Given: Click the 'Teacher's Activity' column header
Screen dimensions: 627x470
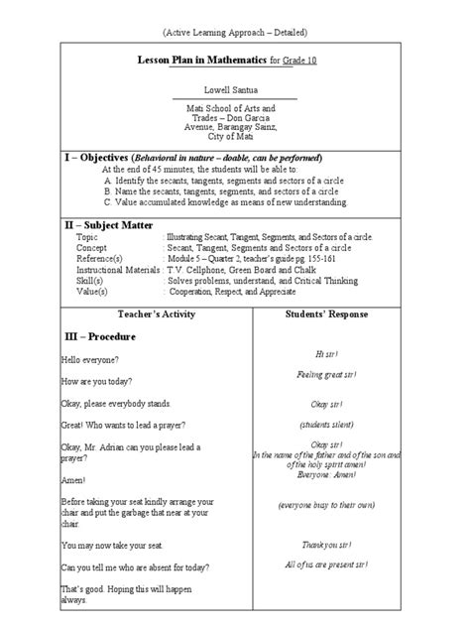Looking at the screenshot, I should click(x=157, y=313).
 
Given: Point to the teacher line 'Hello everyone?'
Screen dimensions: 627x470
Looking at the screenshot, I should click(x=90, y=358).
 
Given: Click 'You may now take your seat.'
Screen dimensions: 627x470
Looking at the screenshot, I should click(x=111, y=546).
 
